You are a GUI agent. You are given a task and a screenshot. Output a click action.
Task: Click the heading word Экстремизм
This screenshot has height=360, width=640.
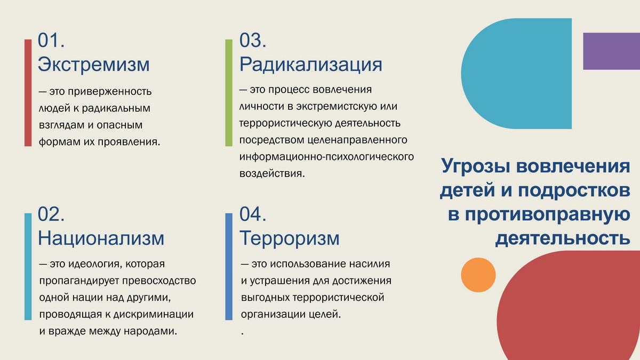coord(94,65)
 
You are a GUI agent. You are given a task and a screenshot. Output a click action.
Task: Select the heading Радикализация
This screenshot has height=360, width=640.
coord(310,65)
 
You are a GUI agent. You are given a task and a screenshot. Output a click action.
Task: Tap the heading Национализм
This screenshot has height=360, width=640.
coord(101,238)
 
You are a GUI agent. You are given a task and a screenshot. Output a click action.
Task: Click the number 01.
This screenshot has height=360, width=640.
coord(51,40)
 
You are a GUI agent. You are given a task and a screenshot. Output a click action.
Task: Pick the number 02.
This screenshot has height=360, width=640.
coord(51,214)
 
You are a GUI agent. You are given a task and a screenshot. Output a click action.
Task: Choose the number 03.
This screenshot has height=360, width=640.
coord(253,40)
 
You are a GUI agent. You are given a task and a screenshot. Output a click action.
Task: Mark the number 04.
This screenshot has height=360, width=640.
coord(253,214)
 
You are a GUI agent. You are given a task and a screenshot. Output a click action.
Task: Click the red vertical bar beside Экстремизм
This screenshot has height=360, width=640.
coord(28,93)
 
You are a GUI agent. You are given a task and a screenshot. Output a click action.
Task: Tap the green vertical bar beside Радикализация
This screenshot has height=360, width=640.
coord(229,93)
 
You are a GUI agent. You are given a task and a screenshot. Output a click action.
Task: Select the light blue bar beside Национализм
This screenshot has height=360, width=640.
coord(28,267)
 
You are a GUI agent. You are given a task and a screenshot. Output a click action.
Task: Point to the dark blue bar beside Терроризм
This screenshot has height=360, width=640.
coord(229,267)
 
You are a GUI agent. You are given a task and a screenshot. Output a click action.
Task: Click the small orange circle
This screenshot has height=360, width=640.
coord(478,275)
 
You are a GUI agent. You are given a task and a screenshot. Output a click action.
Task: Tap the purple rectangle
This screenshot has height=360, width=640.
coord(611,51)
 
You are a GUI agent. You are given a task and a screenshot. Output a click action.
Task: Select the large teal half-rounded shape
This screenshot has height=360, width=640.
coord(517,74)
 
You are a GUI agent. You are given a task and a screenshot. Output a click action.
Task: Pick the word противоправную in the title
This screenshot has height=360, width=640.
coord(547,215)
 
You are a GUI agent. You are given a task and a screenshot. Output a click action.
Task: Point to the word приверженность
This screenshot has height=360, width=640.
coord(110,92)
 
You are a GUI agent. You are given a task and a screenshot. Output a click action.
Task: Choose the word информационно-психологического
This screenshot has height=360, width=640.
coord(326,157)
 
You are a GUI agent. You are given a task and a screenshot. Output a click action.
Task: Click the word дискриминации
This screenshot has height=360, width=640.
coord(154,315)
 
